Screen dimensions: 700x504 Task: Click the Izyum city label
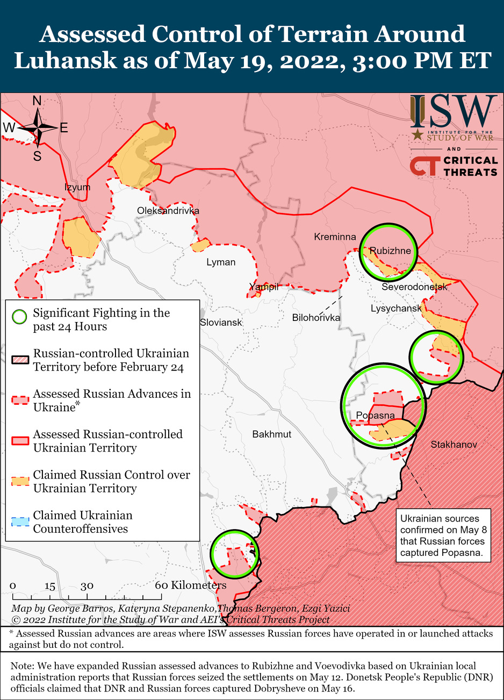pyautogui.click(x=77, y=187)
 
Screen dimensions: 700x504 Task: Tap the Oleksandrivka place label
pyautogui.click(x=168, y=210)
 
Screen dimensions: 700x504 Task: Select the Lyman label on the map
pyautogui.click(x=221, y=262)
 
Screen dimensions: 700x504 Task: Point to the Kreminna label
pyautogui.click(x=335, y=237)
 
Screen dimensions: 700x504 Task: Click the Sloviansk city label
pyautogui.click(x=221, y=323)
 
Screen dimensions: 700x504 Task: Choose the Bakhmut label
pyautogui.click(x=272, y=434)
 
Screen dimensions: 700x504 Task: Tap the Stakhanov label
pyautogui.click(x=453, y=444)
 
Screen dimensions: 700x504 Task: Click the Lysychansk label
pyautogui.click(x=396, y=309)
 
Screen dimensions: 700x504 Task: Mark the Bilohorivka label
pyautogui.click(x=316, y=318)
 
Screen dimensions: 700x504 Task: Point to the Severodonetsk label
pyautogui.click(x=414, y=287)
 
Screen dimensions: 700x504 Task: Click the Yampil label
pyautogui.click(x=263, y=287)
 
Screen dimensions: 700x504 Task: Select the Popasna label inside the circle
pyautogui.click(x=375, y=415)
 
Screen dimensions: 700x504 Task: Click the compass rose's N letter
pyautogui.click(x=37, y=101)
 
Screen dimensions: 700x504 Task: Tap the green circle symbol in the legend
pyautogui.click(x=19, y=317)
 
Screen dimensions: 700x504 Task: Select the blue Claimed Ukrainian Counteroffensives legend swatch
pyautogui.click(x=20, y=522)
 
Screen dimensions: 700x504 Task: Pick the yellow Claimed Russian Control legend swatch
pyautogui.click(x=20, y=481)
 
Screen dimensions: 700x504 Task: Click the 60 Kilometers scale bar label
pyautogui.click(x=191, y=585)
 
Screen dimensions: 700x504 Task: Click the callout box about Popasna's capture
pyautogui.click(x=443, y=535)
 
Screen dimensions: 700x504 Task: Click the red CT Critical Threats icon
pyautogui.click(x=424, y=166)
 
